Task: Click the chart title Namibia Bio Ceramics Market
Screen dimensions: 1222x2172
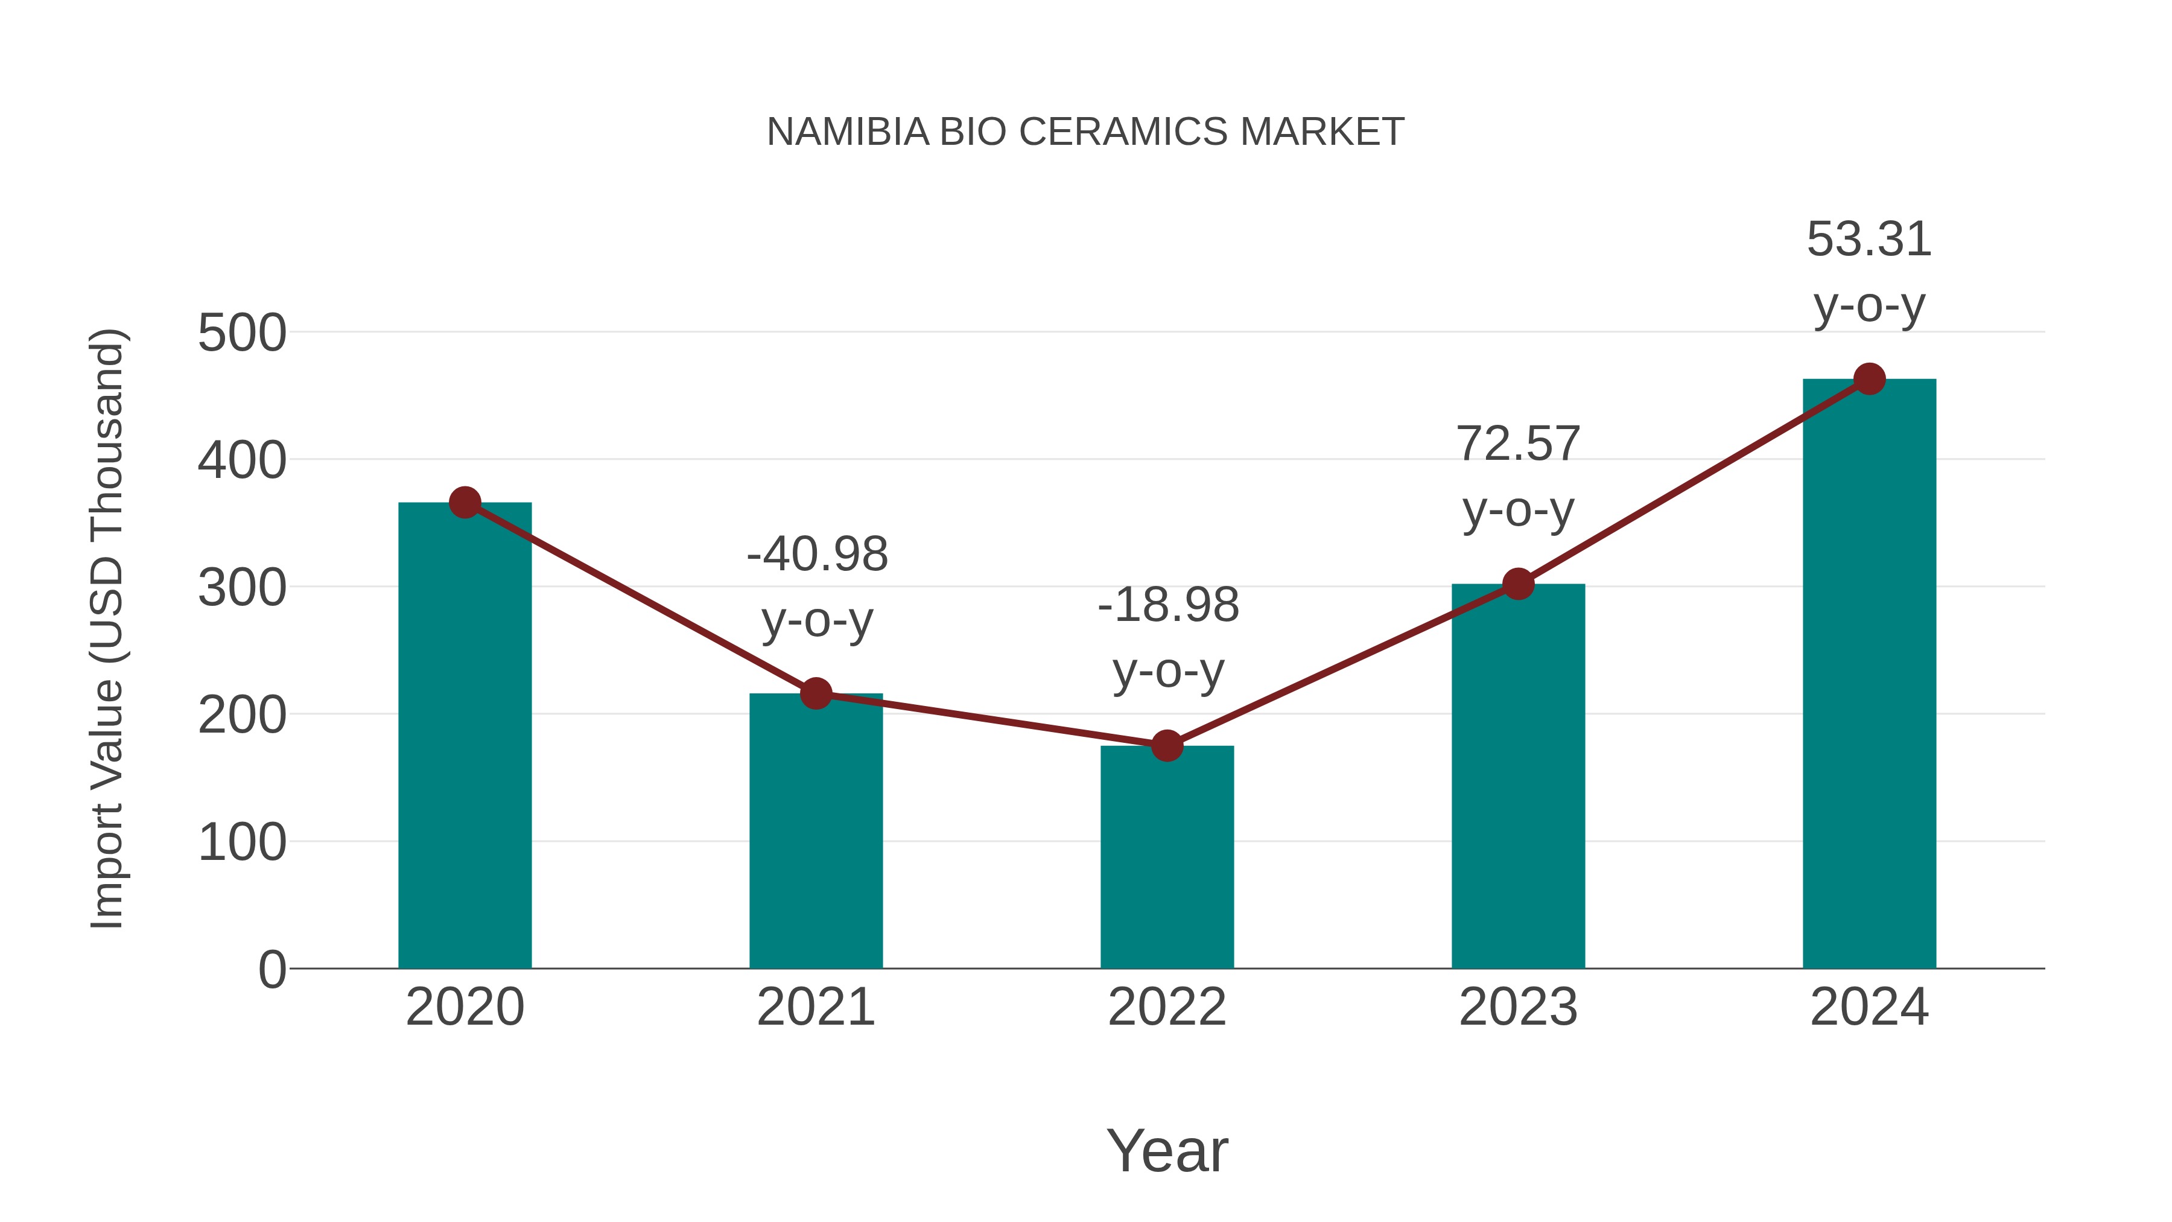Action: [1085, 132]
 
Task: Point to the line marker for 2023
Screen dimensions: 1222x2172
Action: [1518, 584]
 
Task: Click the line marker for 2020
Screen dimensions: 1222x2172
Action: [465, 503]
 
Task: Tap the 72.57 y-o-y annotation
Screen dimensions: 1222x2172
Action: [1518, 477]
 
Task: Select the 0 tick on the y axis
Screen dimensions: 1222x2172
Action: [271, 970]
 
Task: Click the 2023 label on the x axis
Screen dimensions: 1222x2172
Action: [1518, 1007]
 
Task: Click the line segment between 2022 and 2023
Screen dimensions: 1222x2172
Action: [1342, 664]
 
